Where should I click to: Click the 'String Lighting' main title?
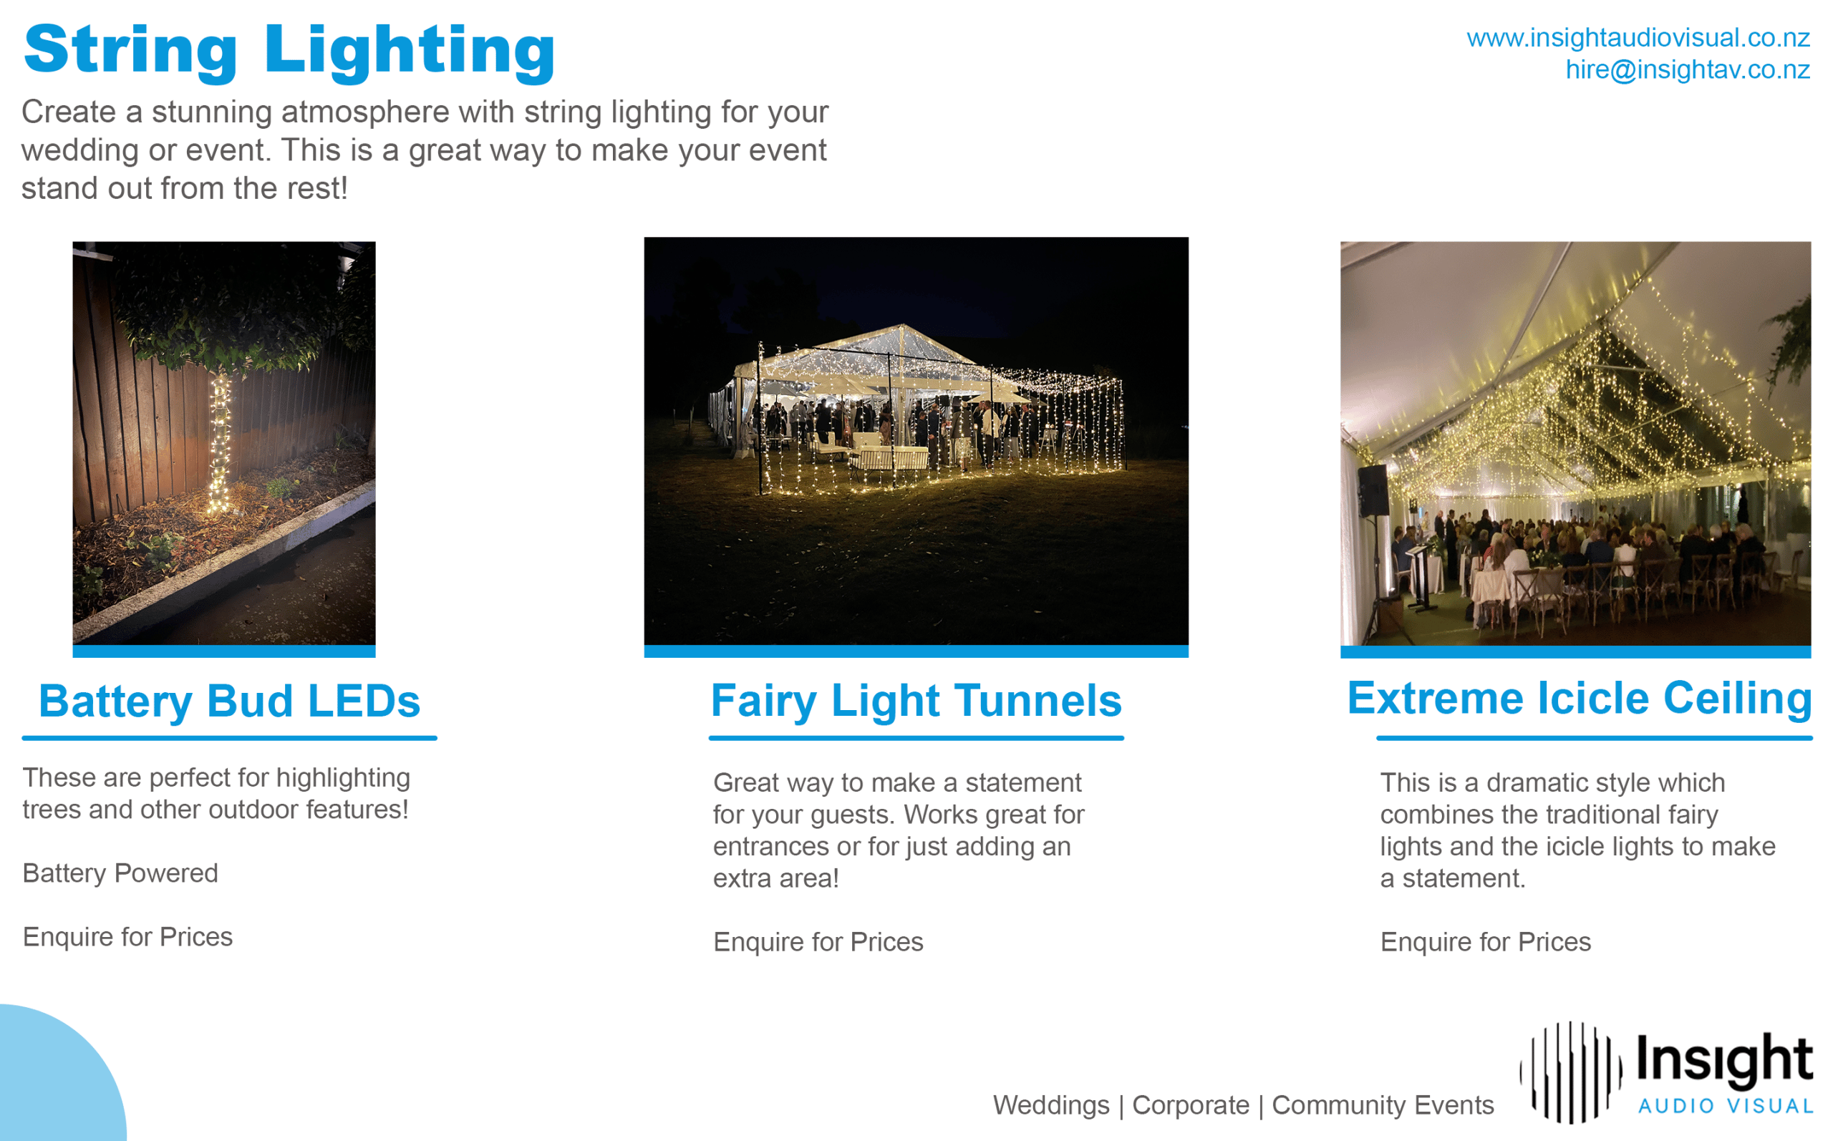pyautogui.click(x=289, y=52)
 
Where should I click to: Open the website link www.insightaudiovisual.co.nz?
pyautogui.click(x=1638, y=37)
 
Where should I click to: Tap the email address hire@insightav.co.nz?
pyautogui.click(x=1688, y=69)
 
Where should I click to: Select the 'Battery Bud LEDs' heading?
pyautogui.click(x=229, y=701)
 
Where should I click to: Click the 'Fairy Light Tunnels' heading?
pyautogui.click(x=916, y=701)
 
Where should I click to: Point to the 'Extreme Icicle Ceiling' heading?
pyautogui.click(x=1580, y=698)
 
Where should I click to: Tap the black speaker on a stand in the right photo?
pyautogui.click(x=1373, y=490)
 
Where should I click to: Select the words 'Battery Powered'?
pyautogui.click(x=120, y=873)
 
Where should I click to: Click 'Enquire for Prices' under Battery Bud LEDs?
pyautogui.click(x=127, y=937)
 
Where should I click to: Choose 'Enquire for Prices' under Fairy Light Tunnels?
pyautogui.click(x=818, y=942)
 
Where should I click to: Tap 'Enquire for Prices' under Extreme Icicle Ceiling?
pyautogui.click(x=1485, y=942)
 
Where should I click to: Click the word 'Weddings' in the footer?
pyautogui.click(x=1051, y=1105)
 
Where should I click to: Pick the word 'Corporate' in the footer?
pyautogui.click(x=1191, y=1105)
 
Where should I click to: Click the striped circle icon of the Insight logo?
pyautogui.click(x=1570, y=1072)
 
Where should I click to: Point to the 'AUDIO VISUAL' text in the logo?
pyautogui.click(x=1725, y=1107)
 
